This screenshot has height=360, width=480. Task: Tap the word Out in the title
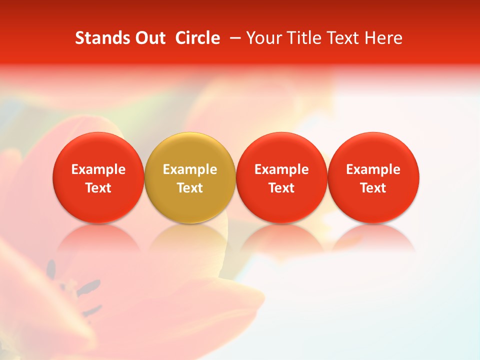[148, 38]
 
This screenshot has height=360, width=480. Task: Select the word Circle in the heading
[197, 38]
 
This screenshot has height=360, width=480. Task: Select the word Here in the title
[383, 38]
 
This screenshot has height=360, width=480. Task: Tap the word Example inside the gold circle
[190, 169]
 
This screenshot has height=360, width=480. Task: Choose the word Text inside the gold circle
[190, 188]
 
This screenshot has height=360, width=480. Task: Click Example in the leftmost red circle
[98, 169]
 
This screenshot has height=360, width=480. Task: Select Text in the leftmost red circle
[98, 188]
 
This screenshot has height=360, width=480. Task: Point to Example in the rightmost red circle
[373, 169]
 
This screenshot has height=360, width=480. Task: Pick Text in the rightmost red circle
[373, 188]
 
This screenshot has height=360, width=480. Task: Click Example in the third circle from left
[281, 169]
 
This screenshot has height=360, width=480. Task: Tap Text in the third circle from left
[281, 188]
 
